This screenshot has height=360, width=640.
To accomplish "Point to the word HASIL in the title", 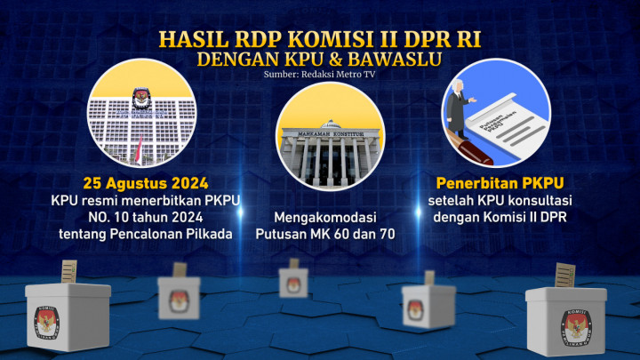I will coord(191,39).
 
